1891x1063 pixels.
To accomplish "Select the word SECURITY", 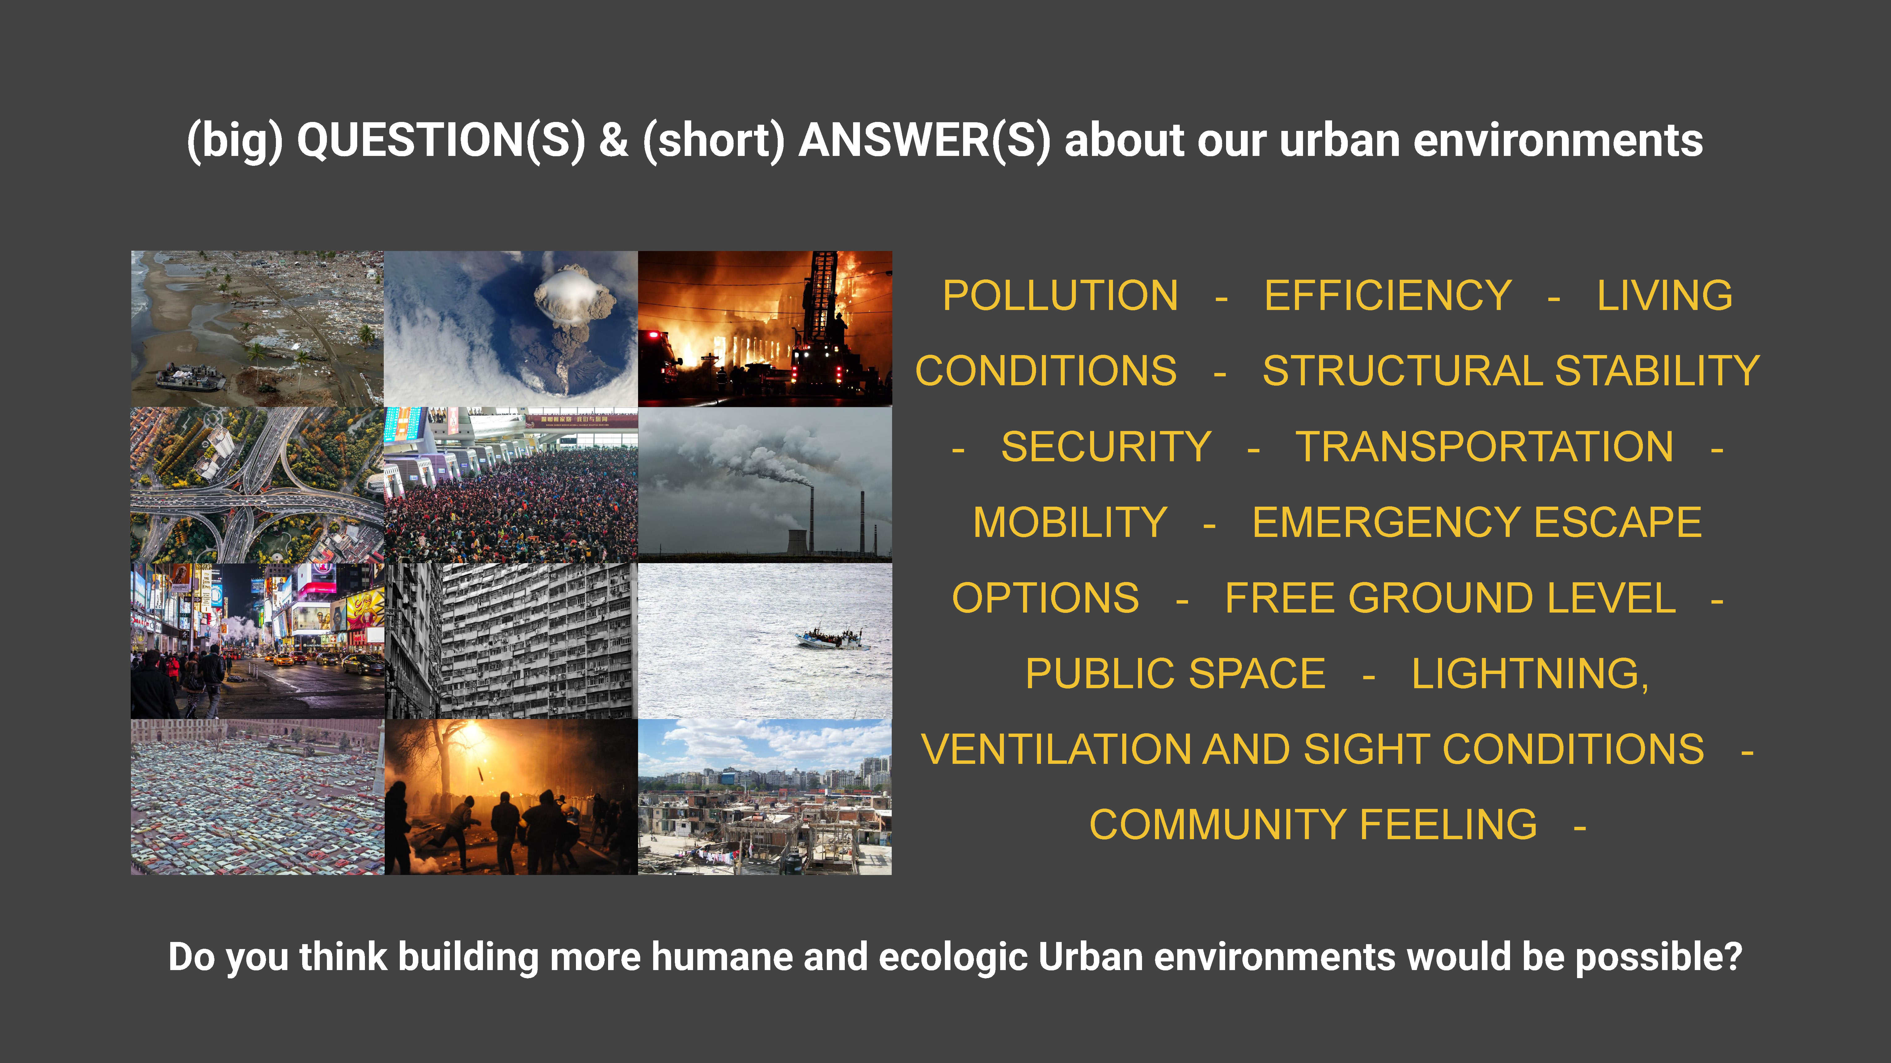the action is click(x=1106, y=447).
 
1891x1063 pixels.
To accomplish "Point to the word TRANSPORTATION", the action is click(x=1484, y=447).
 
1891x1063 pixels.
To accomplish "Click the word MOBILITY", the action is click(x=1070, y=522).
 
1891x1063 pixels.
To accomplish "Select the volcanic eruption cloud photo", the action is click(x=511, y=329).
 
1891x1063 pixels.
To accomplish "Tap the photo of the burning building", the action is click(x=765, y=329).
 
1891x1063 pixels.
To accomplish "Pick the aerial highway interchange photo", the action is click(x=258, y=485).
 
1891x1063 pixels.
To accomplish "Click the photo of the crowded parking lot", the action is click(x=258, y=797).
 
